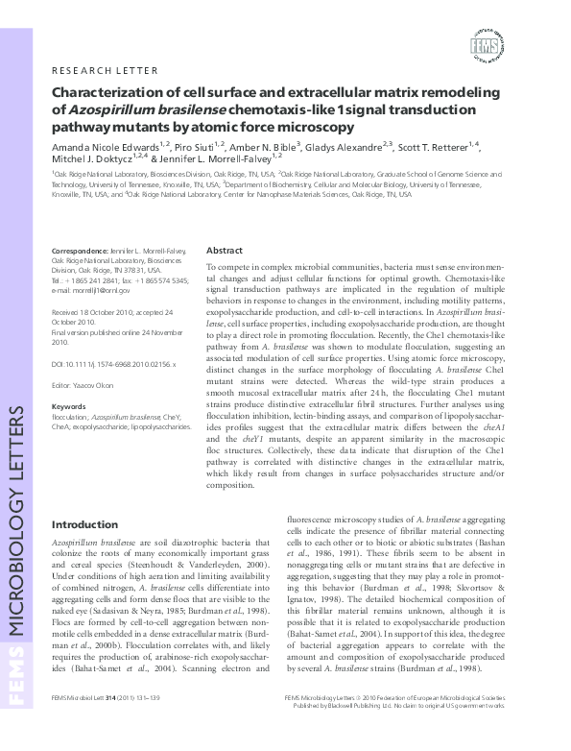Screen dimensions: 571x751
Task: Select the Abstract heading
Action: tap(225, 249)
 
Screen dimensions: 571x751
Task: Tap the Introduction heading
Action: tap(84, 524)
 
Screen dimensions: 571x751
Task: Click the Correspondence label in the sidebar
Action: tap(81, 250)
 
